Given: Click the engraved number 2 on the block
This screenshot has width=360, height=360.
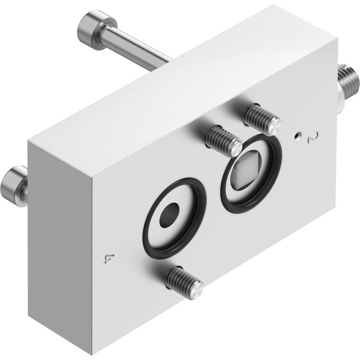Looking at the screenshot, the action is (313, 137).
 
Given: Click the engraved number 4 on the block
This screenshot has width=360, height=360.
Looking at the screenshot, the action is (106, 259).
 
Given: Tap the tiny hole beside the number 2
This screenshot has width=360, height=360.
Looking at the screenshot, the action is (297, 136).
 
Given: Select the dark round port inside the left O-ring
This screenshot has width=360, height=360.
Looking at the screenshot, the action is (169, 216).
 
